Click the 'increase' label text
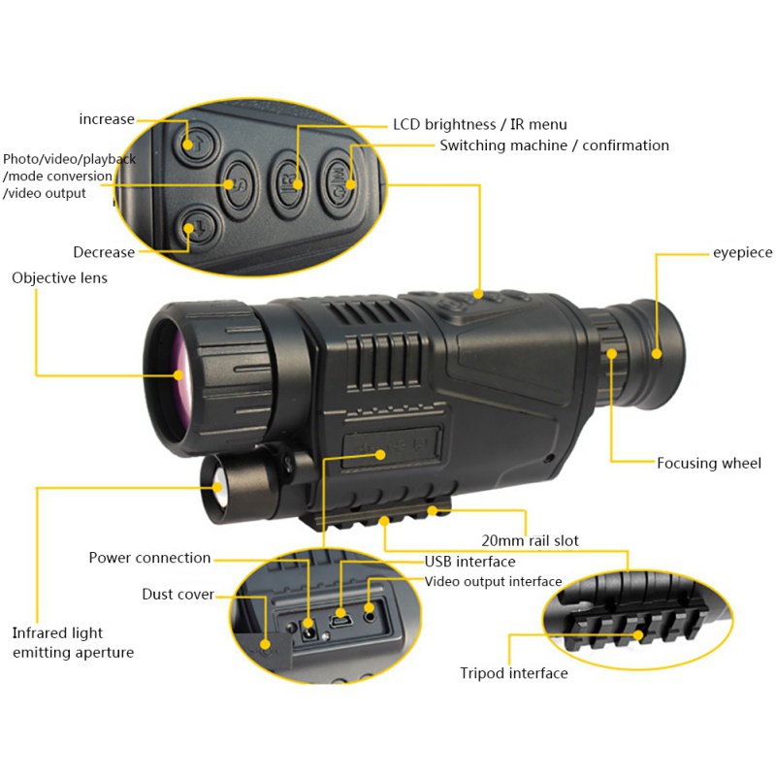click(x=107, y=119)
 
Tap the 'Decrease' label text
click(x=104, y=252)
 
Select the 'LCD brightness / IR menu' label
click(x=480, y=124)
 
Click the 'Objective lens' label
click(x=59, y=277)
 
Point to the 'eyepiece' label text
click(x=742, y=253)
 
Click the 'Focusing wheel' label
click(x=709, y=464)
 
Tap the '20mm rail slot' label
click(x=530, y=540)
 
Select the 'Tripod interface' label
click(x=514, y=673)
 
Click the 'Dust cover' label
click(x=178, y=594)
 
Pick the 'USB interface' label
click(x=470, y=562)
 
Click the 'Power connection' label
click(x=149, y=558)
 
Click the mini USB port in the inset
click(x=341, y=620)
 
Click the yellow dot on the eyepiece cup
click(x=657, y=353)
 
